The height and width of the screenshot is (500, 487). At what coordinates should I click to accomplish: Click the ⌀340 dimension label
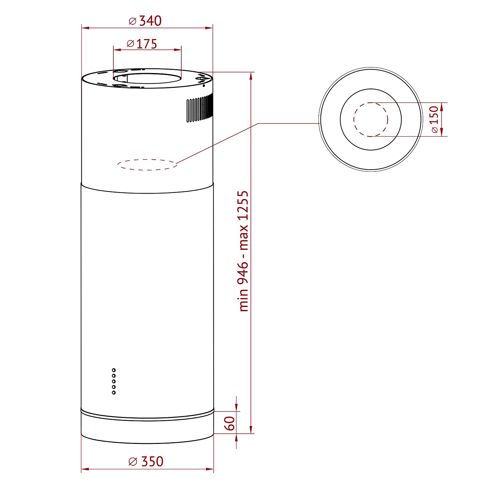(145, 21)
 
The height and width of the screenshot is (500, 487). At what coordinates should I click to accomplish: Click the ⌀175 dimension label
(142, 44)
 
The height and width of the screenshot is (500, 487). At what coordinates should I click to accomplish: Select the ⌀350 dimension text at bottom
(146, 462)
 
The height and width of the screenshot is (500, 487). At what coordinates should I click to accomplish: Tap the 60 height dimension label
(229, 423)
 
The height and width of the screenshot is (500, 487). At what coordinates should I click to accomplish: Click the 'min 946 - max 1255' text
(243, 251)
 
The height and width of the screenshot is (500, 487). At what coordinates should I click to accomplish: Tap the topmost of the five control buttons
(114, 370)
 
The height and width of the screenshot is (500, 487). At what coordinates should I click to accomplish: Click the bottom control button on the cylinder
(114, 393)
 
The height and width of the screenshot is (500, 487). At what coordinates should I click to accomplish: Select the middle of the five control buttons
(114, 381)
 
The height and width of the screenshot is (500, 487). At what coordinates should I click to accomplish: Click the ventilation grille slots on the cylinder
(200, 108)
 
